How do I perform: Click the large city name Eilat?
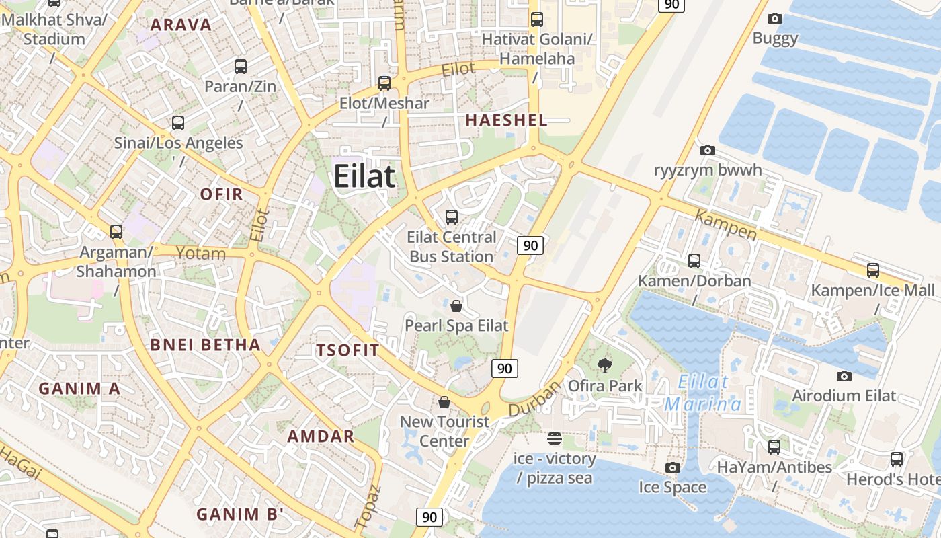pos(364,176)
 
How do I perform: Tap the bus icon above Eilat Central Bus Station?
pos(452,217)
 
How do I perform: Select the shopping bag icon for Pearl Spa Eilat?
pos(456,306)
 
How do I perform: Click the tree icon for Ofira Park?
pos(605,366)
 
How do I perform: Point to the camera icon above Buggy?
pos(775,19)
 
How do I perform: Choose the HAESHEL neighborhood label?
pos(506,120)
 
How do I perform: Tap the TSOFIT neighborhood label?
pos(347,350)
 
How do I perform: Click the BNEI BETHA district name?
pos(205,345)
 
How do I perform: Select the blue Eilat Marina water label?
pos(703,393)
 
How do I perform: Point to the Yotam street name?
pos(200,253)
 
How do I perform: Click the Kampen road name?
pos(725,225)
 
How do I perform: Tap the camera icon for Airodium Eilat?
pos(844,377)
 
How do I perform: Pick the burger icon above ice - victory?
pos(555,438)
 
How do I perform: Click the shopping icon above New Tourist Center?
pos(444,402)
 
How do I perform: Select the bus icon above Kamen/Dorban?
pos(694,260)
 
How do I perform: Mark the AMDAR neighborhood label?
pos(321,436)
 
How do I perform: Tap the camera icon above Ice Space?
pos(672,467)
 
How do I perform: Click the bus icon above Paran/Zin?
pos(241,67)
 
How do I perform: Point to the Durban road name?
pos(534,399)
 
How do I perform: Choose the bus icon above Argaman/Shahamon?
pos(116,232)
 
